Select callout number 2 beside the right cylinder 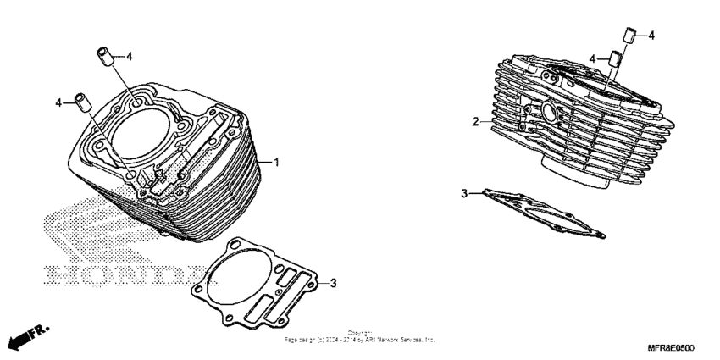(x=476, y=122)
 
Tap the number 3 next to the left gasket (x=334, y=282)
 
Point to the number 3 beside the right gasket (x=464, y=194)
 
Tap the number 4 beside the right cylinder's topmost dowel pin (x=651, y=36)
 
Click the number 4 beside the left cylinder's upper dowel (x=130, y=57)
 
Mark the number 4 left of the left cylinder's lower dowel (x=60, y=102)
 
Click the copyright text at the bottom (x=360, y=336)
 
